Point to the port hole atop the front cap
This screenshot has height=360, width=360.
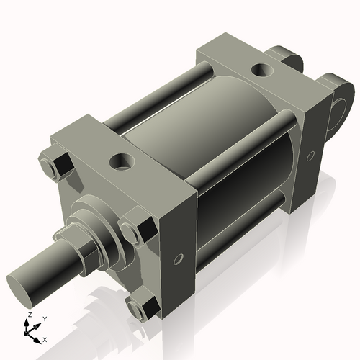[119, 161]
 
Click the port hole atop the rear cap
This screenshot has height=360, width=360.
[261, 71]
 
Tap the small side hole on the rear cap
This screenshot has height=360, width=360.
[310, 156]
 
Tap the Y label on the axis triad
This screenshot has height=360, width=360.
[44, 318]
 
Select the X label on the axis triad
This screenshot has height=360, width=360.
[45, 339]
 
